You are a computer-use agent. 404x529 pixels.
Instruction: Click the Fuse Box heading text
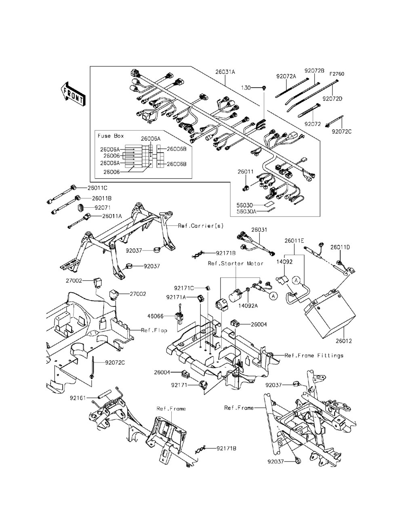tap(111, 136)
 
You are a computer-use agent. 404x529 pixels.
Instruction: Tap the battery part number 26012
tap(343, 341)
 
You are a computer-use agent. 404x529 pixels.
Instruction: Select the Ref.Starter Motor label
tap(236, 263)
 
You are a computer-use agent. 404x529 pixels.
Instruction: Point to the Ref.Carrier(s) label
tap(201, 226)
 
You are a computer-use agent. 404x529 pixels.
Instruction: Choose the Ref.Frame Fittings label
tap(314, 356)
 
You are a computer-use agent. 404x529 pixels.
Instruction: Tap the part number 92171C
tap(184, 288)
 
